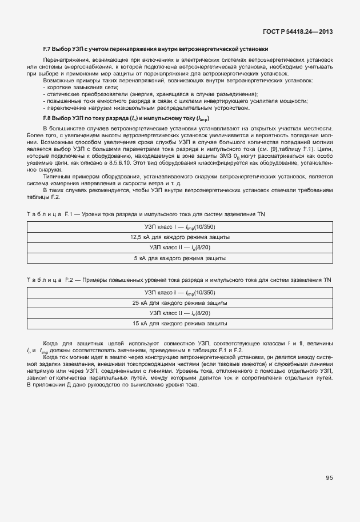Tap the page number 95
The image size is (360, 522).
[329, 477]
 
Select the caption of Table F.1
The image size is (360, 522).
[146, 213]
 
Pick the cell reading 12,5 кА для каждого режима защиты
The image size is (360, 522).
[180, 237]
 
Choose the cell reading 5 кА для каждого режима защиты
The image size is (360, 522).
[180, 258]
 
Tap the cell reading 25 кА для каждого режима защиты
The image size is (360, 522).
[180, 302]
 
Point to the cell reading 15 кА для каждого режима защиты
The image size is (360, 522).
[180, 324]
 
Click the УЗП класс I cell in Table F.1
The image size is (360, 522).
[180, 226]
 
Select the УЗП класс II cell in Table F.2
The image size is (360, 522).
[180, 313]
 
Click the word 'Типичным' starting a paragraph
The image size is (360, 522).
[57, 176]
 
